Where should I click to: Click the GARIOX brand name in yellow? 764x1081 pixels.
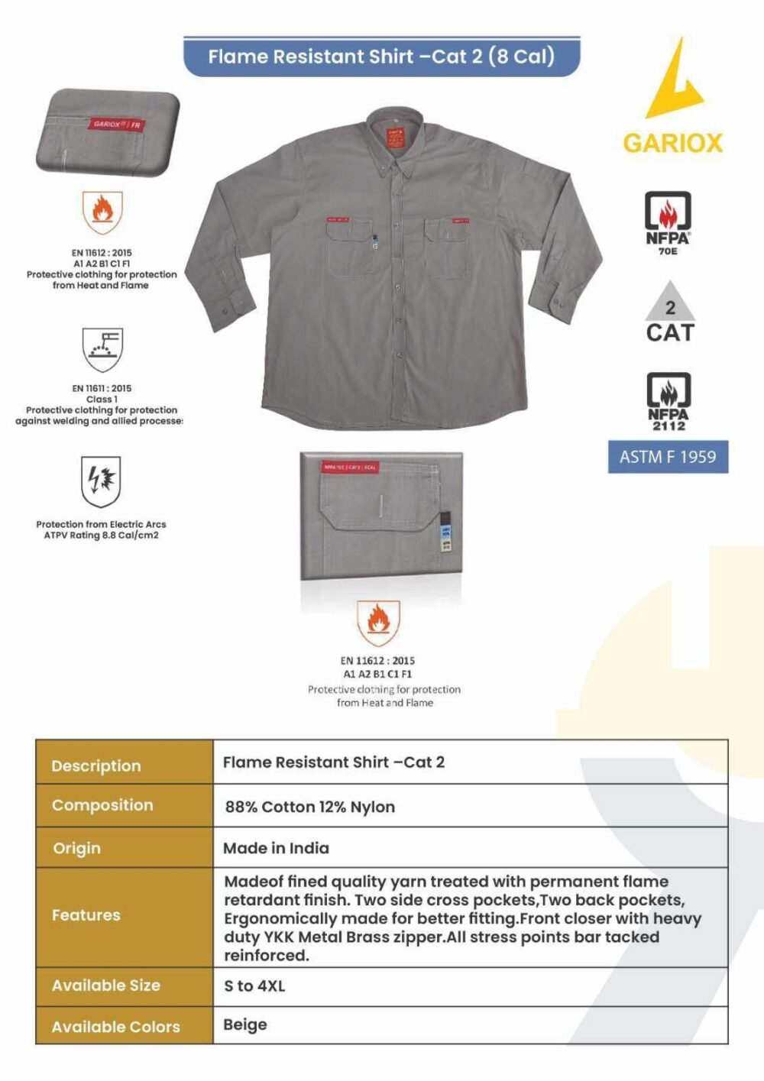pos(672,143)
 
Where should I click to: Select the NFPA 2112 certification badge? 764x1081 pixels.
pos(668,399)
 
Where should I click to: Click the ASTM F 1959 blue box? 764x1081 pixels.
pos(668,457)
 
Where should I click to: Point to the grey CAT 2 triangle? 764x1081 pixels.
pos(670,303)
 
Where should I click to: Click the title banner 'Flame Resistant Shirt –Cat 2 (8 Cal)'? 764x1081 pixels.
pos(381,57)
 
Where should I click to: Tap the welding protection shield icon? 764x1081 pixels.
pos(102,348)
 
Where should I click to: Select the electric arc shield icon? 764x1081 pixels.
pos(101,482)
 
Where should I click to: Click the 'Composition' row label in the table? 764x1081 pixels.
pos(102,805)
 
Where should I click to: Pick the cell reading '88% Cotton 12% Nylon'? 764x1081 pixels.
pos(309,807)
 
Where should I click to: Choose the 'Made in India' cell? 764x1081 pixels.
pos(276,848)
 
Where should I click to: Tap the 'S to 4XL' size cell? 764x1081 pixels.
pos(254,986)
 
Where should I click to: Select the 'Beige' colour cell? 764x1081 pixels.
pos(245,1024)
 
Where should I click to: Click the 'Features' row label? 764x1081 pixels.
pos(86,915)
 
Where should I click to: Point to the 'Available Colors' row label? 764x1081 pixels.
pos(116,1027)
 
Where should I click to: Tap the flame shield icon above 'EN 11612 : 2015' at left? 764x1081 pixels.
pos(102,211)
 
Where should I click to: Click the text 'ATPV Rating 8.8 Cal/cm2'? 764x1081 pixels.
pos(101,536)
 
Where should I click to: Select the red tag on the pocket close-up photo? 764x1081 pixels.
pos(349,467)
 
